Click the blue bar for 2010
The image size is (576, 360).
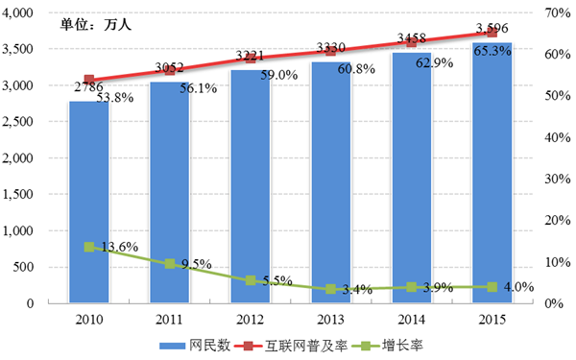(x=89, y=202)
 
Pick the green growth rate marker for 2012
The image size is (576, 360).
(x=251, y=280)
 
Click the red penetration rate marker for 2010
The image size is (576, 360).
(x=89, y=80)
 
